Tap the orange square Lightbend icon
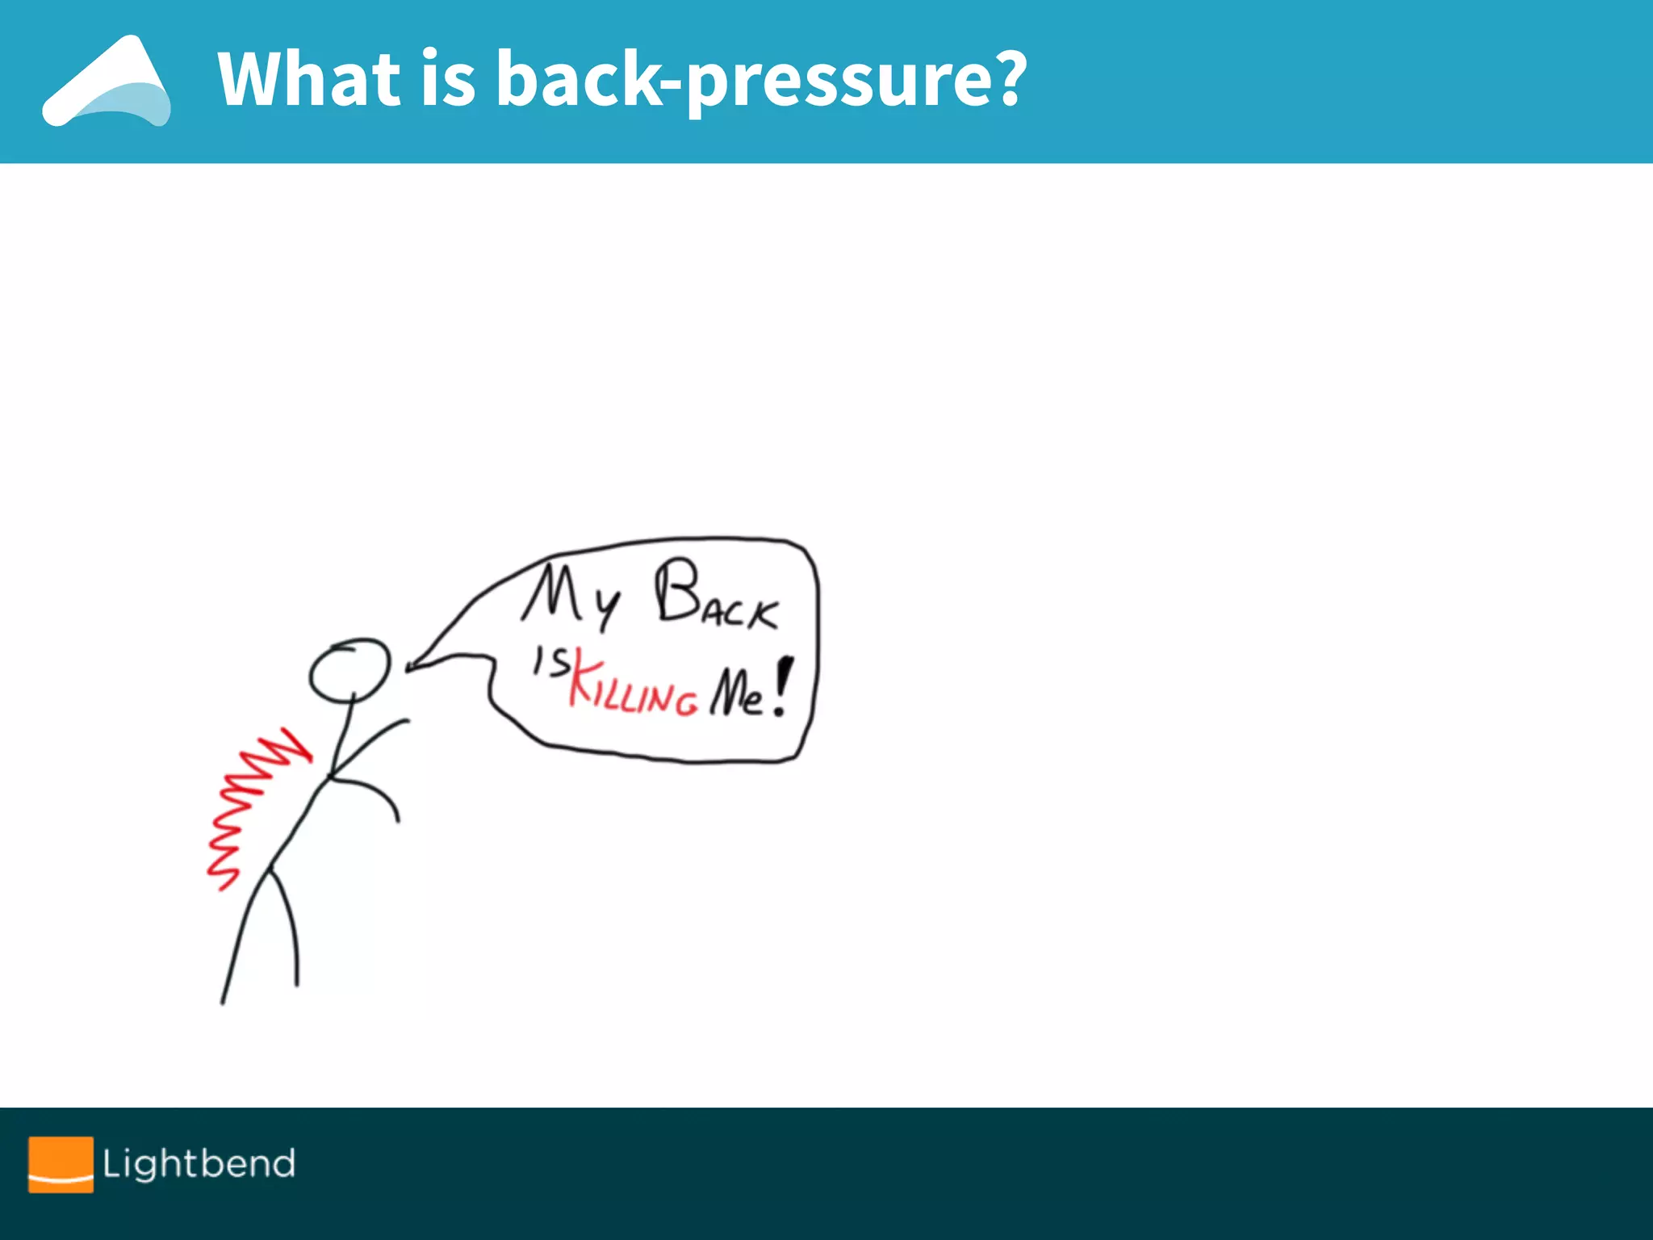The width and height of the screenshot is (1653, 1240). point(61,1164)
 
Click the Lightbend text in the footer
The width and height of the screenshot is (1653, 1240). point(199,1163)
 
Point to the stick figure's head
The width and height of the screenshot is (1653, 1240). point(349,670)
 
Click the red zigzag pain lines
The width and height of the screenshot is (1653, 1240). point(250,807)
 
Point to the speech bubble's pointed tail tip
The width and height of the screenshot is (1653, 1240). point(409,668)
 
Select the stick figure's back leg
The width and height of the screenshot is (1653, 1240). point(242,936)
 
